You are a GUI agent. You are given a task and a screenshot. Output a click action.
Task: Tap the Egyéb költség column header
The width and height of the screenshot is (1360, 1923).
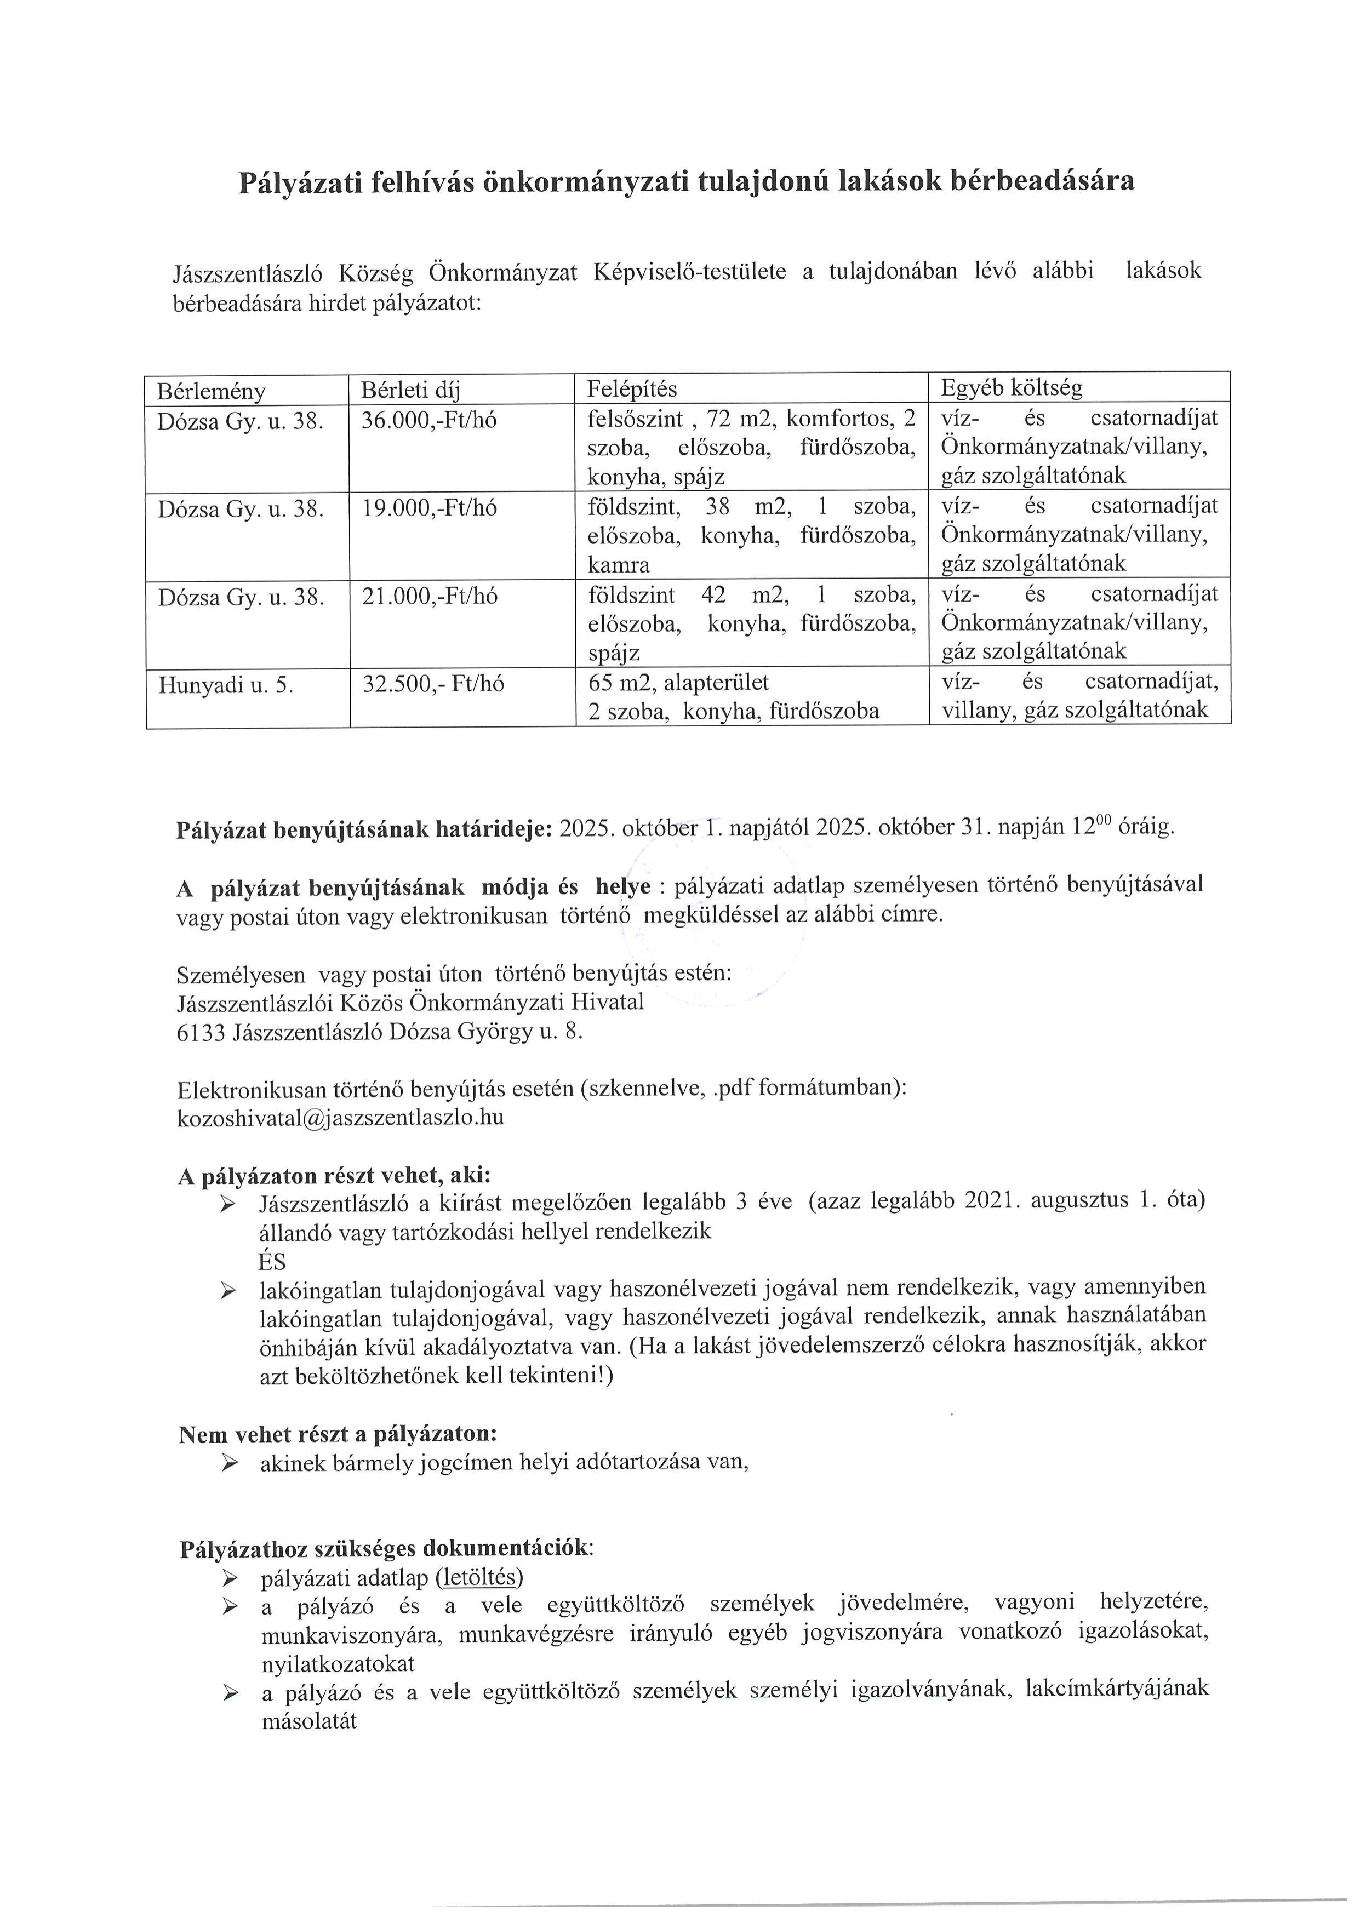tap(1012, 388)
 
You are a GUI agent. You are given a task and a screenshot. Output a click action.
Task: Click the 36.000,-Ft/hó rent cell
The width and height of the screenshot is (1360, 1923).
tap(429, 420)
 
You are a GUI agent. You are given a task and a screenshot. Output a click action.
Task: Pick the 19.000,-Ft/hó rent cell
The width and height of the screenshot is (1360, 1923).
tap(429, 507)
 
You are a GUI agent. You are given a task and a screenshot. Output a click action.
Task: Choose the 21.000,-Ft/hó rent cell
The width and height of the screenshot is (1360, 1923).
tap(429, 596)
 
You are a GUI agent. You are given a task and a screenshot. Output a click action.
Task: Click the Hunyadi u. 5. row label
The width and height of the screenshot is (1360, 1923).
tap(226, 685)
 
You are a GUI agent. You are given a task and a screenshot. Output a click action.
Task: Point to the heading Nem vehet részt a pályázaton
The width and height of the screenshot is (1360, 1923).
tap(338, 1434)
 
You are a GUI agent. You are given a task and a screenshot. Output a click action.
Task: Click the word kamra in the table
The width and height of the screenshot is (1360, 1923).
tap(618, 565)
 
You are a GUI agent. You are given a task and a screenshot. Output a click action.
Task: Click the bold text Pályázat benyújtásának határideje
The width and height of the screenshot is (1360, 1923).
tap(363, 829)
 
